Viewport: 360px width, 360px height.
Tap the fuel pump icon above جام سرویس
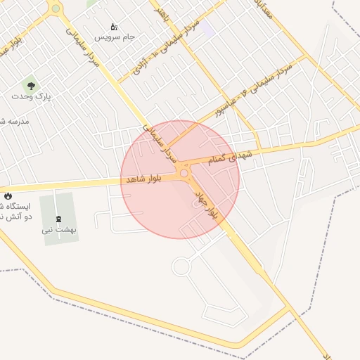tap(114, 26)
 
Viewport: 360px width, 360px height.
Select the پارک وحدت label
tap(32, 96)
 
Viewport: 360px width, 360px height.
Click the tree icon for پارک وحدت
tap(32, 85)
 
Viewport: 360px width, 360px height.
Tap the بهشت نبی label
tap(59, 229)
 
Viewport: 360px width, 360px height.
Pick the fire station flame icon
tap(8, 195)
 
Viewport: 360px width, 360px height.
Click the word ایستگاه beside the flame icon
tap(15, 207)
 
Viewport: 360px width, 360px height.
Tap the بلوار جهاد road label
tap(207, 202)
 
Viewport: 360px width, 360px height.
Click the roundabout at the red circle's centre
tap(184, 172)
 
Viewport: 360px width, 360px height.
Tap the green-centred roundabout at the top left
tap(56, 8)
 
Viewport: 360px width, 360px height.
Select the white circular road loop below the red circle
tap(181, 266)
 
